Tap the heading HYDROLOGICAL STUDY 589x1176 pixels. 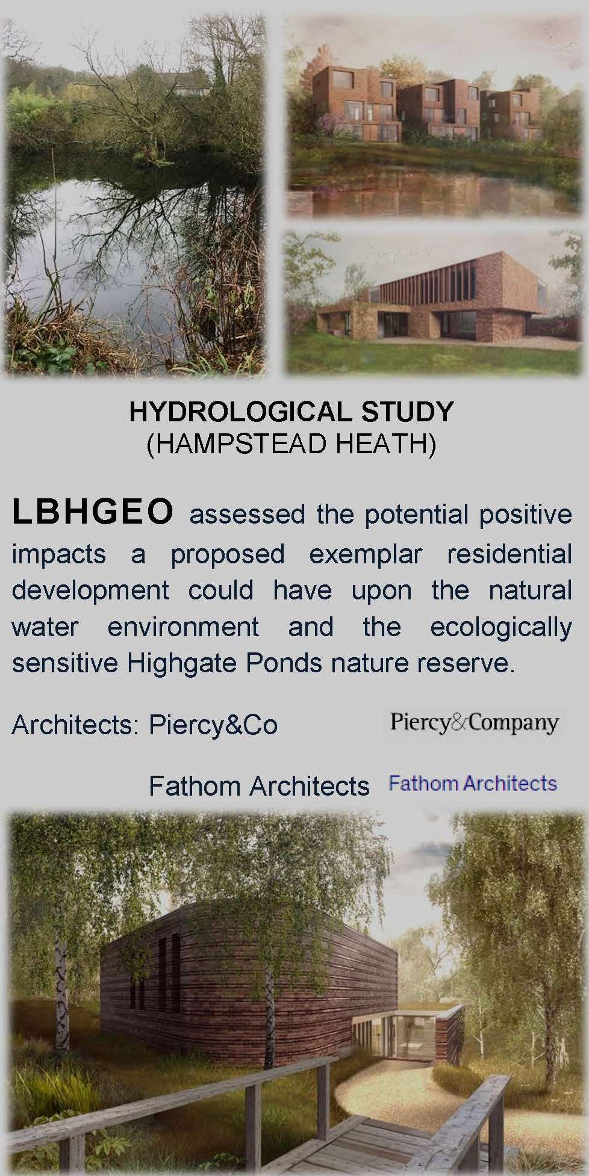(291, 412)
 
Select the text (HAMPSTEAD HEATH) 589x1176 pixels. (291, 445)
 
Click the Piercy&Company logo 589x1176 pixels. (474, 722)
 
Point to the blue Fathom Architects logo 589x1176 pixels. (473, 784)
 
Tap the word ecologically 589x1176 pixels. (500, 627)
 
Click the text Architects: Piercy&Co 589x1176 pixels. (145, 725)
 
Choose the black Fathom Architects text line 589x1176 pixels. (258, 786)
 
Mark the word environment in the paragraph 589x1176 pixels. (183, 627)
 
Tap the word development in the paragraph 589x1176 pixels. (90, 590)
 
